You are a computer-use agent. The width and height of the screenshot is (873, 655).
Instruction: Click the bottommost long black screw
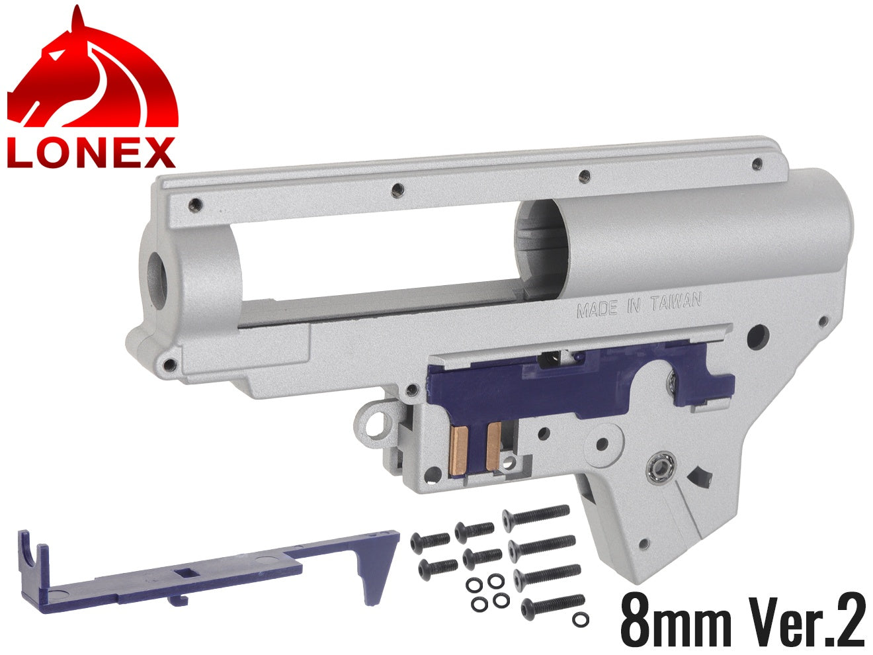click(x=553, y=605)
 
